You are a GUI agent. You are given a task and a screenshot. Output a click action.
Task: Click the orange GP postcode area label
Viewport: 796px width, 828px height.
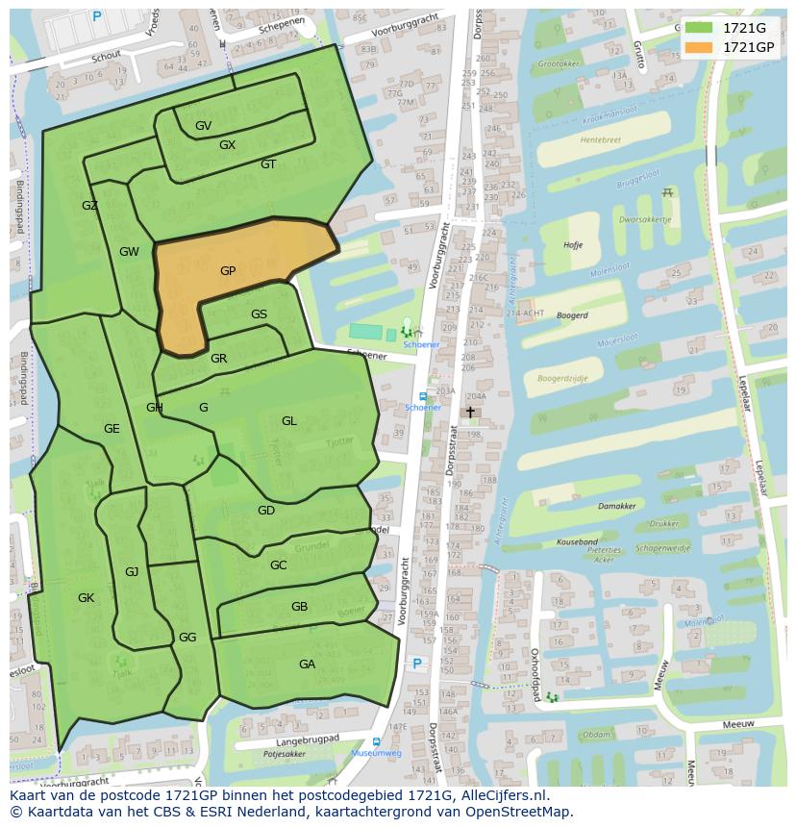pyautogui.click(x=228, y=271)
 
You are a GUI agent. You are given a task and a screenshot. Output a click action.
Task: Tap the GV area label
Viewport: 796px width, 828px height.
pyautogui.click(x=203, y=126)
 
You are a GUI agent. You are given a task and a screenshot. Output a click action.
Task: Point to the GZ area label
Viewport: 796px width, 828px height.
pyautogui.click(x=89, y=206)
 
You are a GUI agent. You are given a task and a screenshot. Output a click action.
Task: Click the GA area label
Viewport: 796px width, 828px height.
pyautogui.click(x=307, y=665)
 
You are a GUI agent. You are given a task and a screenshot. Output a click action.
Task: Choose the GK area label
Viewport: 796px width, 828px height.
pyautogui.click(x=86, y=598)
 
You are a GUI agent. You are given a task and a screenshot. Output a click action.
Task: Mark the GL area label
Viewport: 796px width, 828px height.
pyautogui.click(x=289, y=421)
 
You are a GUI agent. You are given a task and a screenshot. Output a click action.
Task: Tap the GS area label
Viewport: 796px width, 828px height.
pyautogui.click(x=259, y=314)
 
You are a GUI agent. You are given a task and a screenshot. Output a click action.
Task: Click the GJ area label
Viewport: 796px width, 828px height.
pyautogui.click(x=132, y=572)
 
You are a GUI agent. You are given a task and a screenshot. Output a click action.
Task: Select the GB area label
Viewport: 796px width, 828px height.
pyautogui.click(x=299, y=607)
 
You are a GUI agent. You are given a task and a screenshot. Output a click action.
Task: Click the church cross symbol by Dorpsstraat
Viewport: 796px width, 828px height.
pyautogui.click(x=470, y=412)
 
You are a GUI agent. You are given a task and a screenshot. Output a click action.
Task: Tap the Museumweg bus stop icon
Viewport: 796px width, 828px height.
pyautogui.click(x=375, y=742)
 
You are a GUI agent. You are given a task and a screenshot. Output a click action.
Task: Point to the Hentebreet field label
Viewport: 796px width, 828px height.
pyautogui.click(x=600, y=139)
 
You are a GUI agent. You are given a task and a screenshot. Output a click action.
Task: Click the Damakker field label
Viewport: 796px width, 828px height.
pyautogui.click(x=616, y=506)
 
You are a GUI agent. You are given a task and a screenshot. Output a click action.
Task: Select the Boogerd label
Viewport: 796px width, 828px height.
pyautogui.click(x=572, y=314)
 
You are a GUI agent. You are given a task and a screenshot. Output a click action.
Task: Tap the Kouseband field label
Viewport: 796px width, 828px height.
pyautogui.click(x=577, y=542)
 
